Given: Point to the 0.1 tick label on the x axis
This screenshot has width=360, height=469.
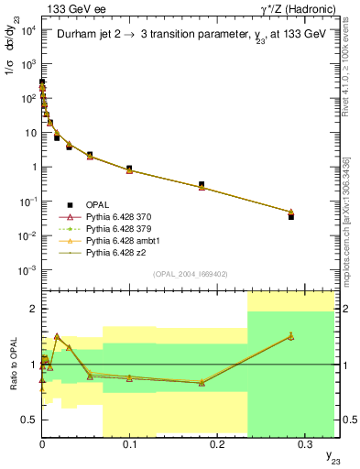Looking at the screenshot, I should pyautogui.click(x=130, y=444).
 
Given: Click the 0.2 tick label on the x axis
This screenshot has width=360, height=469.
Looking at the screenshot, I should pyautogui.click(x=218, y=444).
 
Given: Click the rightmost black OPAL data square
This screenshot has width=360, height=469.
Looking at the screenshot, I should pyautogui.click(x=290, y=217).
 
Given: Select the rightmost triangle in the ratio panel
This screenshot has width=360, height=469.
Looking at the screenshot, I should pyautogui.click(x=290, y=336).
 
